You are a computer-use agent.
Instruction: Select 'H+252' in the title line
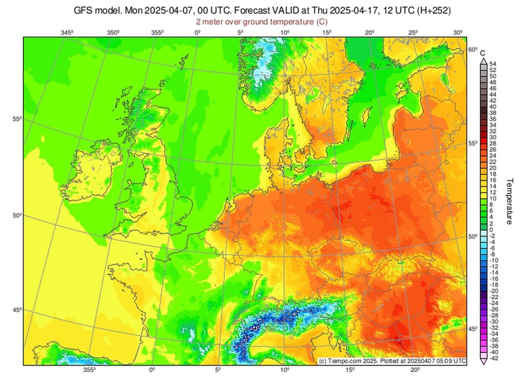point(427,10)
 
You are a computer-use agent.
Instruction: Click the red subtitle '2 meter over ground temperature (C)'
point(261,22)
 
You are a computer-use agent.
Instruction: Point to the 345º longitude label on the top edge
point(67,33)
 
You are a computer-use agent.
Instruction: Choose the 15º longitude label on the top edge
point(328,33)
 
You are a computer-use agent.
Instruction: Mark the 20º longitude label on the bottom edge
point(415,370)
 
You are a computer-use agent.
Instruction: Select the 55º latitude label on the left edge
point(16,119)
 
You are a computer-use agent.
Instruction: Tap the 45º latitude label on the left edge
point(16,310)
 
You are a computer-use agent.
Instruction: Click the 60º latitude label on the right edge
point(472,50)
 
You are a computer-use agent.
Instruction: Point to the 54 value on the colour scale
point(493,63)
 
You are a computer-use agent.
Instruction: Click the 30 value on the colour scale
point(493,137)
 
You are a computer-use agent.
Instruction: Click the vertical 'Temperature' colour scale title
point(509,201)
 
